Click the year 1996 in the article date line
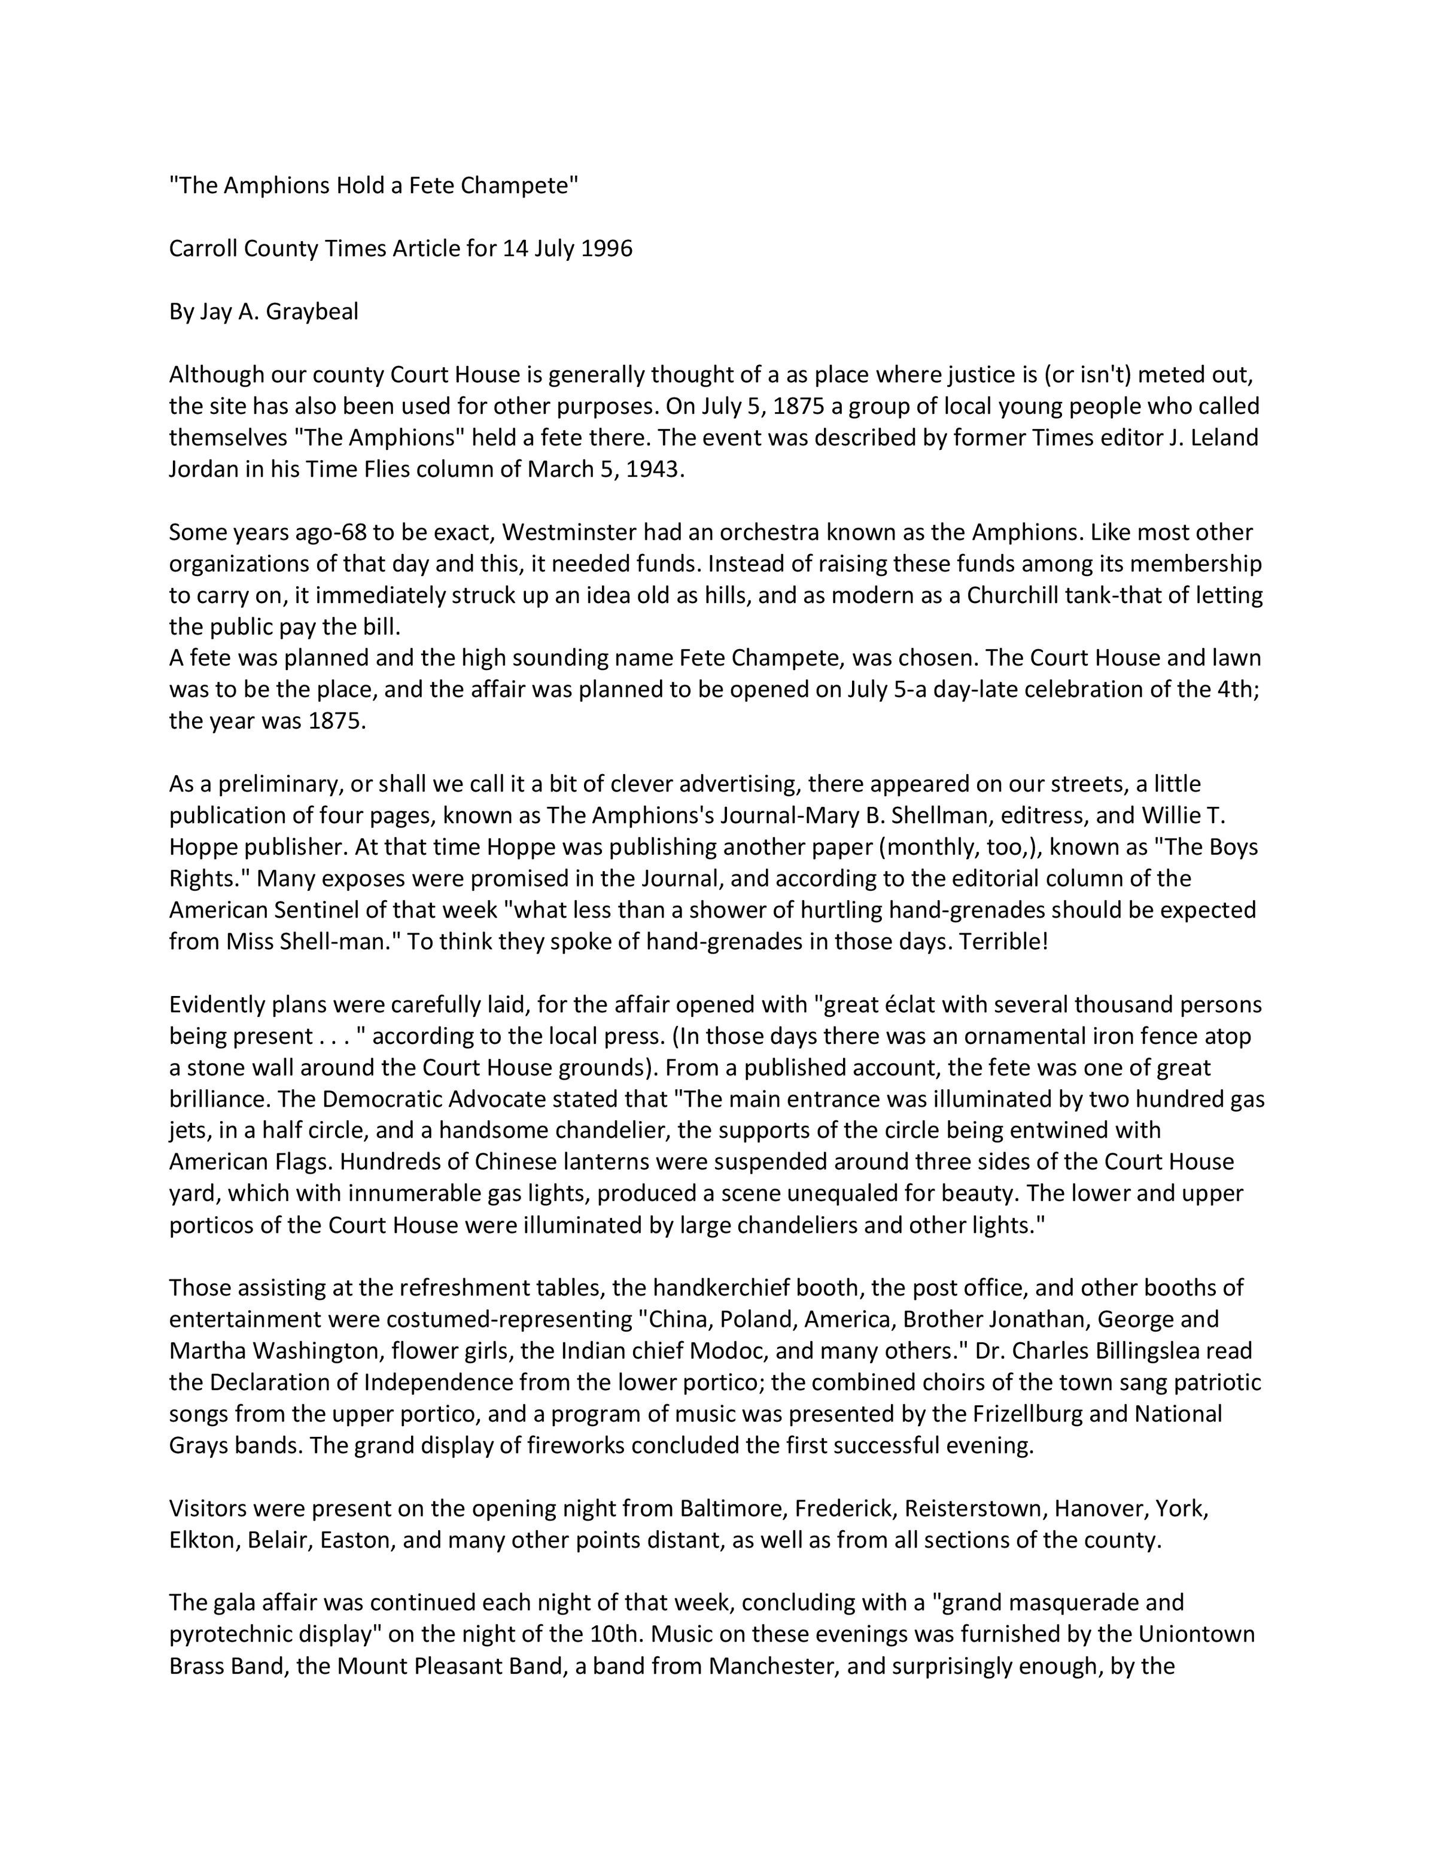tap(607, 249)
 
